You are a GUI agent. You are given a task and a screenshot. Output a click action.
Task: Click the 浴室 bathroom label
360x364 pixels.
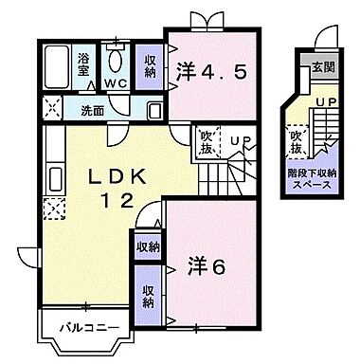[83, 64]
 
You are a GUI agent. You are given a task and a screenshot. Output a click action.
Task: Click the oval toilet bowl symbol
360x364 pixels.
[117, 60]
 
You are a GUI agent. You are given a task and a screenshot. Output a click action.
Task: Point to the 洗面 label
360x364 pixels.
[92, 110]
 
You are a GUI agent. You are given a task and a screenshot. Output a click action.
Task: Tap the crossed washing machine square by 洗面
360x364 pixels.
[53, 110]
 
